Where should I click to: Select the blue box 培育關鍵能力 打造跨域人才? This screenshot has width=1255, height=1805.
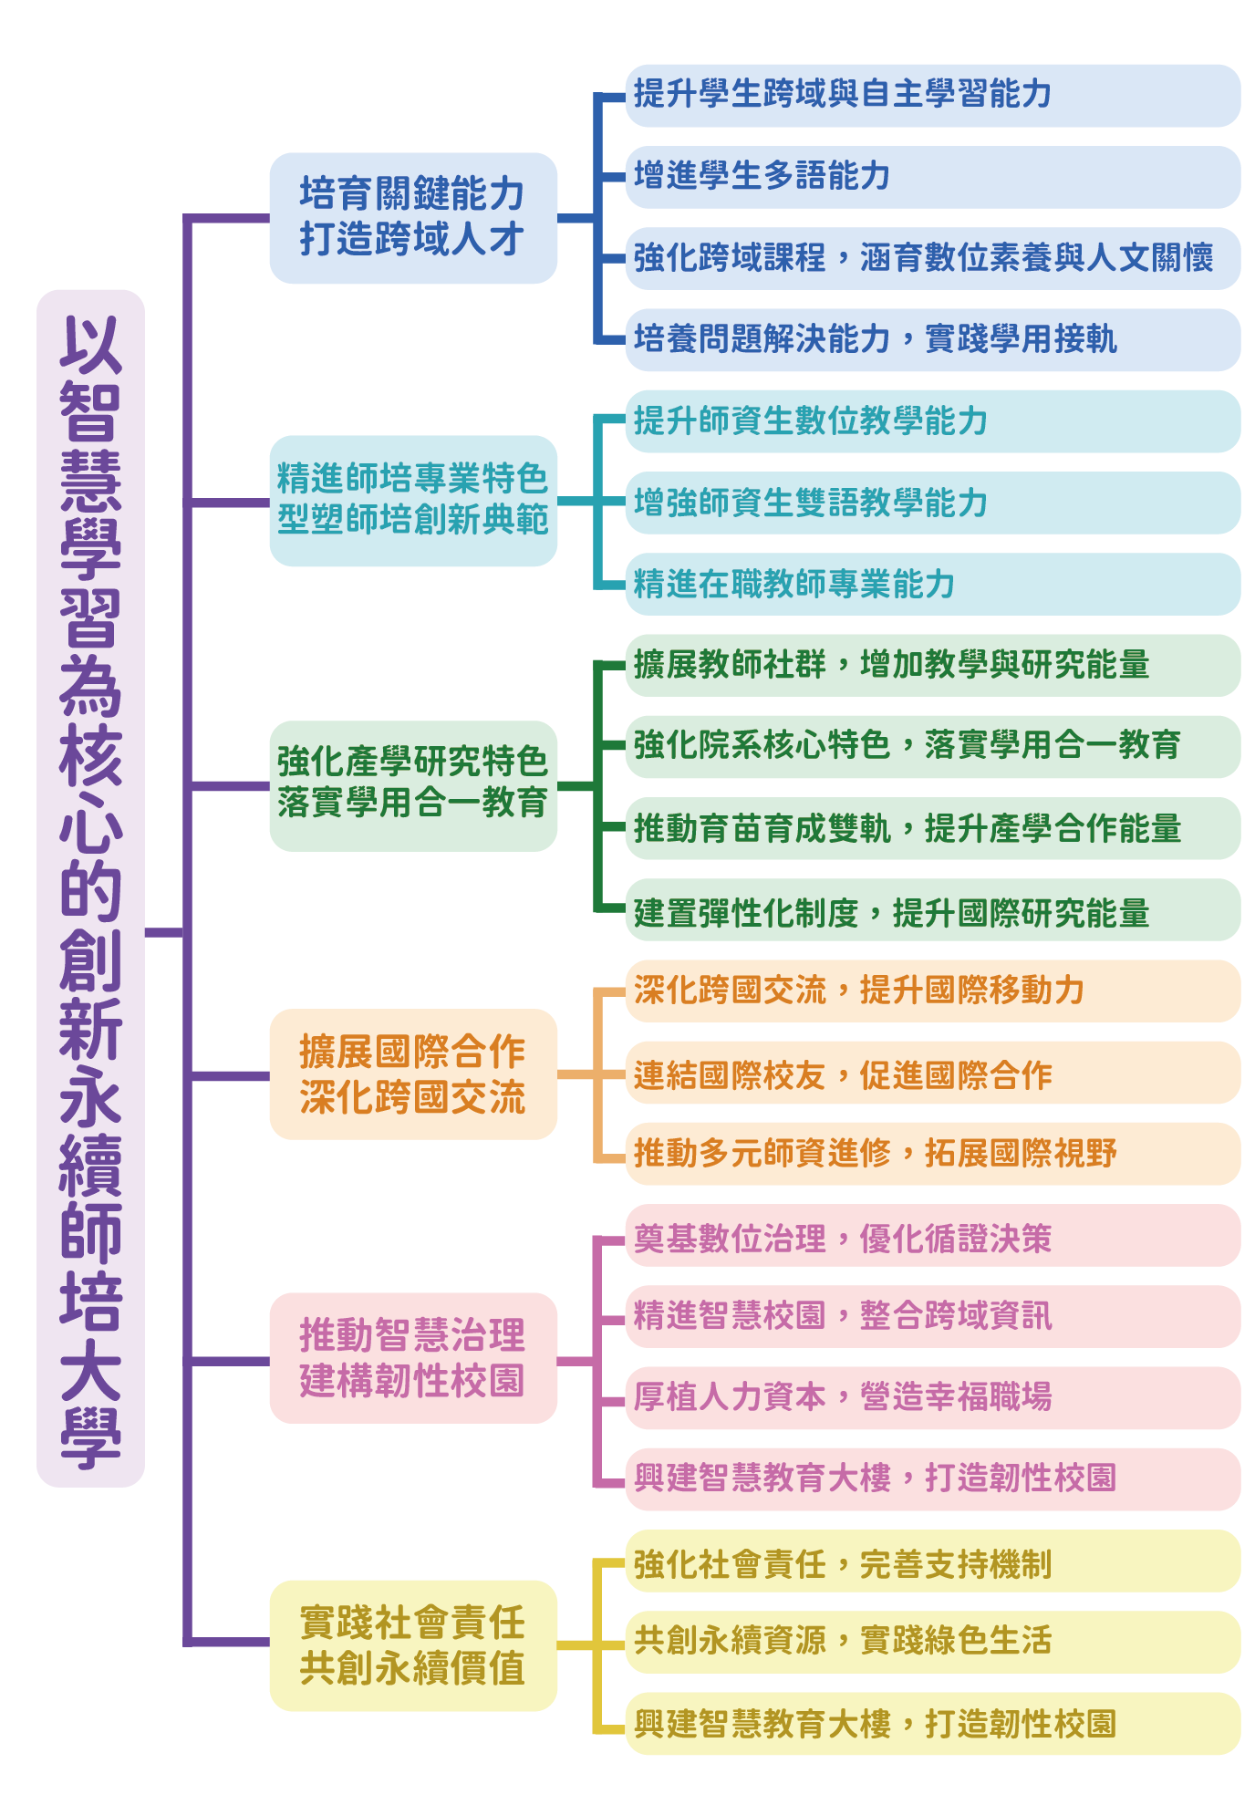point(412,218)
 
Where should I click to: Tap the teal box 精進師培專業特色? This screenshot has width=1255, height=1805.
point(412,500)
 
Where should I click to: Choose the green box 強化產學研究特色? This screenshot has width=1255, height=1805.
point(412,785)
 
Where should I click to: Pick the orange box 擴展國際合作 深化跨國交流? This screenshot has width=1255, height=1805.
point(412,1074)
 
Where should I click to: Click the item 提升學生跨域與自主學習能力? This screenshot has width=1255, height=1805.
point(931,95)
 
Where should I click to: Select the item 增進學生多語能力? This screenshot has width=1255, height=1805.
point(931,176)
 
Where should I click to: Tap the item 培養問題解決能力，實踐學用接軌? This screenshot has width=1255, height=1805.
point(931,339)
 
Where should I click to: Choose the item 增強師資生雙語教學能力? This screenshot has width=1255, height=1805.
point(931,503)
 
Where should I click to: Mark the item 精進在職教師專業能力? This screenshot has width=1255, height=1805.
point(931,584)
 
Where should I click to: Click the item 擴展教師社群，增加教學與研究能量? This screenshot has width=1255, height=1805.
point(931,665)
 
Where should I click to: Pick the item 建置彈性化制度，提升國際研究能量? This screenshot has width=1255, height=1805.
point(931,910)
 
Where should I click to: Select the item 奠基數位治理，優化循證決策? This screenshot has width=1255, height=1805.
point(931,1236)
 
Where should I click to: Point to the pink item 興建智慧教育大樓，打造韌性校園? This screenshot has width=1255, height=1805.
point(931,1478)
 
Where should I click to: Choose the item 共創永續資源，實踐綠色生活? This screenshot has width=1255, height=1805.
point(931,1642)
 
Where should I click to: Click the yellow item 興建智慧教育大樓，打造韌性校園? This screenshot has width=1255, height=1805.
point(931,1724)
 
